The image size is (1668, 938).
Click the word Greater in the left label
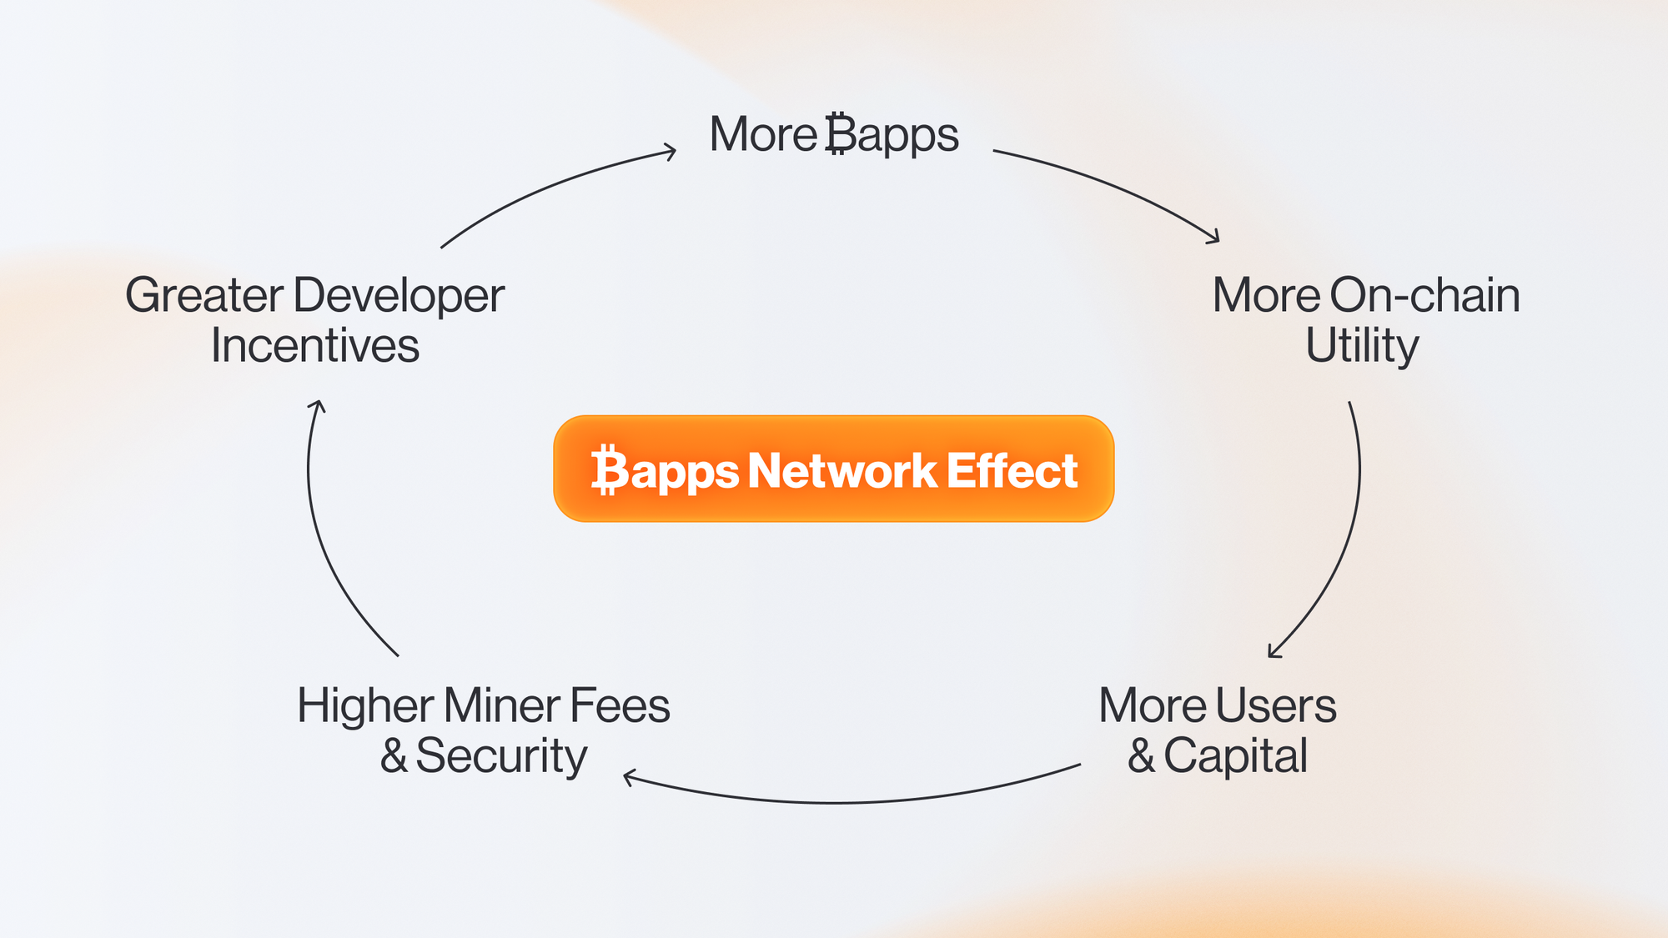pyautogui.click(x=204, y=295)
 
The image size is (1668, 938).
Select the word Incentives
pyautogui.click(x=314, y=345)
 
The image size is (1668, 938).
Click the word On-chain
pyautogui.click(x=1424, y=295)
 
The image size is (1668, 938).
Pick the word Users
pyautogui.click(x=1276, y=705)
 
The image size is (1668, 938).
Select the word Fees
pyautogui.click(x=620, y=705)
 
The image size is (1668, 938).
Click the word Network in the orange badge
pyautogui.click(x=842, y=470)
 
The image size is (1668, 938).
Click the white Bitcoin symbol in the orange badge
pyautogui.click(x=610, y=470)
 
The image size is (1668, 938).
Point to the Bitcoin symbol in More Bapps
pyautogui.click(x=840, y=134)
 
